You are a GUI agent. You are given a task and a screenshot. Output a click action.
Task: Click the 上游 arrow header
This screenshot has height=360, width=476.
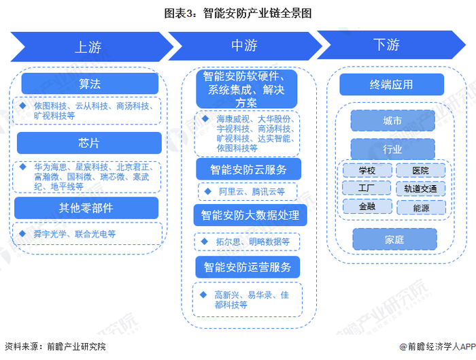pyautogui.click(x=88, y=46)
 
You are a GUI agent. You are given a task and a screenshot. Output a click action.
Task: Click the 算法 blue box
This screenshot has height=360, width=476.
pyautogui.click(x=90, y=84)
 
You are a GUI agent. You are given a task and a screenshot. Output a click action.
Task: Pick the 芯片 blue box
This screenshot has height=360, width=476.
pyautogui.click(x=89, y=143)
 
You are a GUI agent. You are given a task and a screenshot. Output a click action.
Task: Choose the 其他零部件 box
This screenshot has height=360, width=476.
pyautogui.click(x=86, y=208)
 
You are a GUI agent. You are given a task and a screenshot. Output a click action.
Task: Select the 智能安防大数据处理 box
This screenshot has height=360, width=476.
pyautogui.click(x=250, y=216)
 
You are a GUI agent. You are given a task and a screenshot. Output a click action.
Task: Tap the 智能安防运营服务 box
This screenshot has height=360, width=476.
pyautogui.click(x=250, y=267)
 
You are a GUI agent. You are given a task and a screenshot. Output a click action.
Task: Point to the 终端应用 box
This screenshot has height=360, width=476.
pyautogui.click(x=391, y=84)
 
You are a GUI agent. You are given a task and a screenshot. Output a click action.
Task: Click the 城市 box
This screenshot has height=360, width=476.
pyautogui.click(x=392, y=121)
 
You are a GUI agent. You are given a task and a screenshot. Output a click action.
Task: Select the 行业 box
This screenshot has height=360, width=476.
pyautogui.click(x=392, y=149)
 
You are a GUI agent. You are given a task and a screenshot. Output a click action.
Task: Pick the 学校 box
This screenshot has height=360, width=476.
pyautogui.click(x=367, y=170)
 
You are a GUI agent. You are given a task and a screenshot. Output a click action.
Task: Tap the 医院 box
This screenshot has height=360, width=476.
pyautogui.click(x=421, y=170)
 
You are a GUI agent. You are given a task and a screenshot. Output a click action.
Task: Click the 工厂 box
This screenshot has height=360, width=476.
pyautogui.click(x=367, y=188)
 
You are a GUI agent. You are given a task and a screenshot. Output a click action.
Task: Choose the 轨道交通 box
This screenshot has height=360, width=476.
pyautogui.click(x=421, y=189)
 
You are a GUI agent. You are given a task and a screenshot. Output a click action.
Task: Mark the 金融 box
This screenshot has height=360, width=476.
pyautogui.click(x=367, y=206)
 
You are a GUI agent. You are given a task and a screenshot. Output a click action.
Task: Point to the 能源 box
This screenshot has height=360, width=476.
pyautogui.click(x=421, y=207)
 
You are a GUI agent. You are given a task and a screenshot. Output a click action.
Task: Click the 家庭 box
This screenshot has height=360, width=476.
pyautogui.click(x=394, y=240)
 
